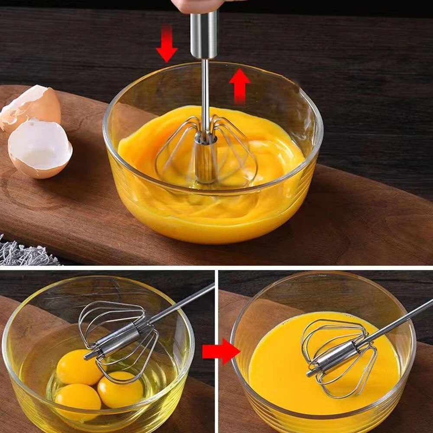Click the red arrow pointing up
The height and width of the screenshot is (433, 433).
point(240,85)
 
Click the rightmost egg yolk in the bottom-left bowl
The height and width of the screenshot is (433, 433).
point(120,389)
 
